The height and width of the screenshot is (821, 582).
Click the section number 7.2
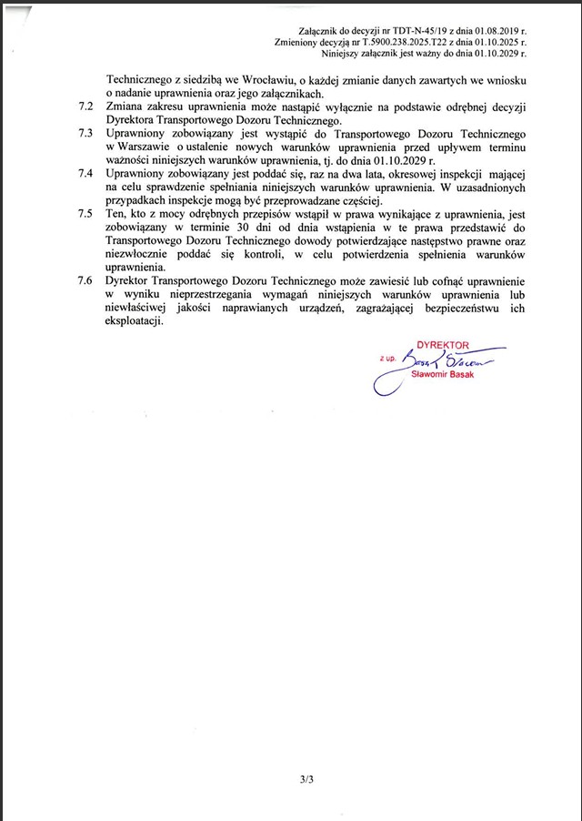[x=87, y=107]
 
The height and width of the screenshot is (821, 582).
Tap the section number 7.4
[x=87, y=173]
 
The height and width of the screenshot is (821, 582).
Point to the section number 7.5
[x=87, y=213]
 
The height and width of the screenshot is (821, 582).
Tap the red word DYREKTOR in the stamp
[x=441, y=346]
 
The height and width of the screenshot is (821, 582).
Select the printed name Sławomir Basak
[x=443, y=374]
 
